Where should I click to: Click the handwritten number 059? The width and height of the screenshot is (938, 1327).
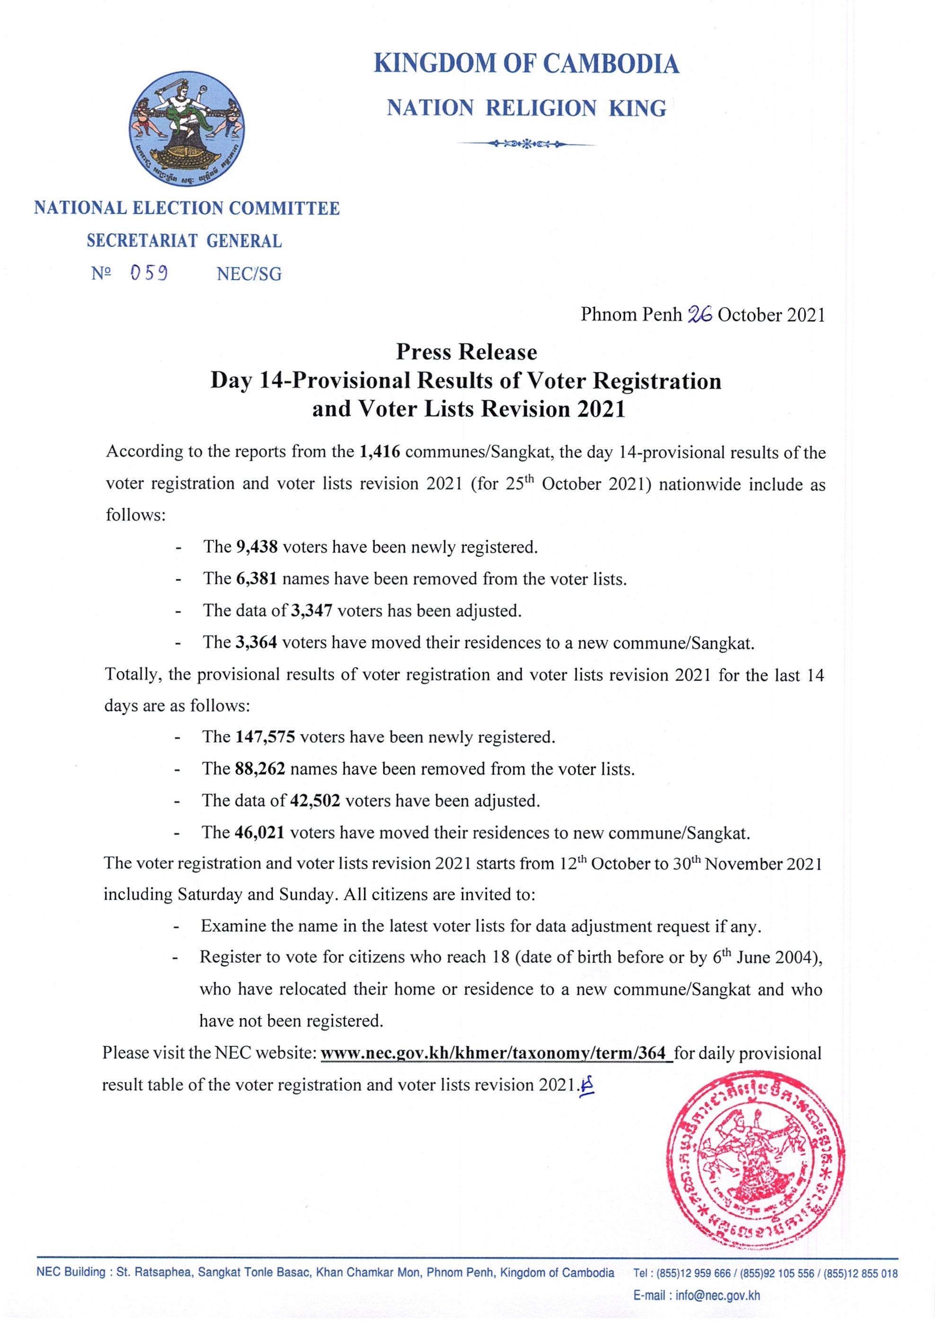tap(149, 273)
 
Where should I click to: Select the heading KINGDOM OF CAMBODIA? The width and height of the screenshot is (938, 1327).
tap(526, 63)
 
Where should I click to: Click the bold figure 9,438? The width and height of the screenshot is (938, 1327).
tap(257, 547)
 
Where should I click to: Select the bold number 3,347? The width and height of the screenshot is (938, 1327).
tap(311, 610)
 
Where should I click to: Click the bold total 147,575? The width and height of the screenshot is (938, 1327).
tap(265, 737)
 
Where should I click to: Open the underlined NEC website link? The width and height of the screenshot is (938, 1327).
tap(496, 1053)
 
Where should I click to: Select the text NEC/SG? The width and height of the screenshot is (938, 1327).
tap(249, 274)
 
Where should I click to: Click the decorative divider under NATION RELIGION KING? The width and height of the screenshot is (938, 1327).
tap(526, 143)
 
